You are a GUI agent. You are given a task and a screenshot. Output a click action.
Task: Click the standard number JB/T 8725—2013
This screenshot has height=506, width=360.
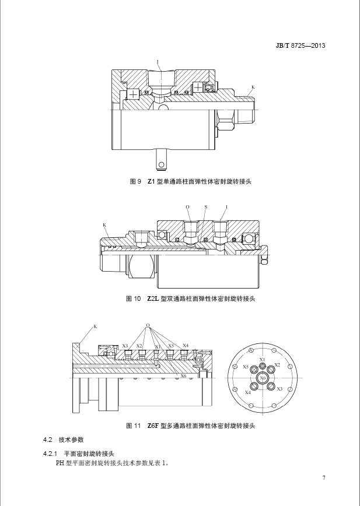(x=300, y=45)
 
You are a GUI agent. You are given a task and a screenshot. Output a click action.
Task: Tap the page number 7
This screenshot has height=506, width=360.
(x=324, y=478)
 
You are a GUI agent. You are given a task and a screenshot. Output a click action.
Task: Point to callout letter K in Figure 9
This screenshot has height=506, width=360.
(x=253, y=87)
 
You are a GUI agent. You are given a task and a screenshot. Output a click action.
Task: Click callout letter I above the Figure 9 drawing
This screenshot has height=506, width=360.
(x=158, y=61)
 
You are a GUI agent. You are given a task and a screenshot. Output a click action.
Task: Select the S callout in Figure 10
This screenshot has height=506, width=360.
(x=206, y=207)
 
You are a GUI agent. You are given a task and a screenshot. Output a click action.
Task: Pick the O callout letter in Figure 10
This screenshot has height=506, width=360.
(x=188, y=207)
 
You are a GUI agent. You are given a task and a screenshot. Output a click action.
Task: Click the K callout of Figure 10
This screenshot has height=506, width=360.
(x=104, y=224)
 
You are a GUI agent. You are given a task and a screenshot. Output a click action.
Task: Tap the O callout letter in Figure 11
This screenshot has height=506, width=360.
(x=148, y=325)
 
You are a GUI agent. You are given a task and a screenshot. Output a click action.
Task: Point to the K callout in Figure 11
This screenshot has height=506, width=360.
(x=95, y=326)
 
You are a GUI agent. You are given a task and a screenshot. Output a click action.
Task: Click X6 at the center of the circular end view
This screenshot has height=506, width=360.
(x=263, y=378)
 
